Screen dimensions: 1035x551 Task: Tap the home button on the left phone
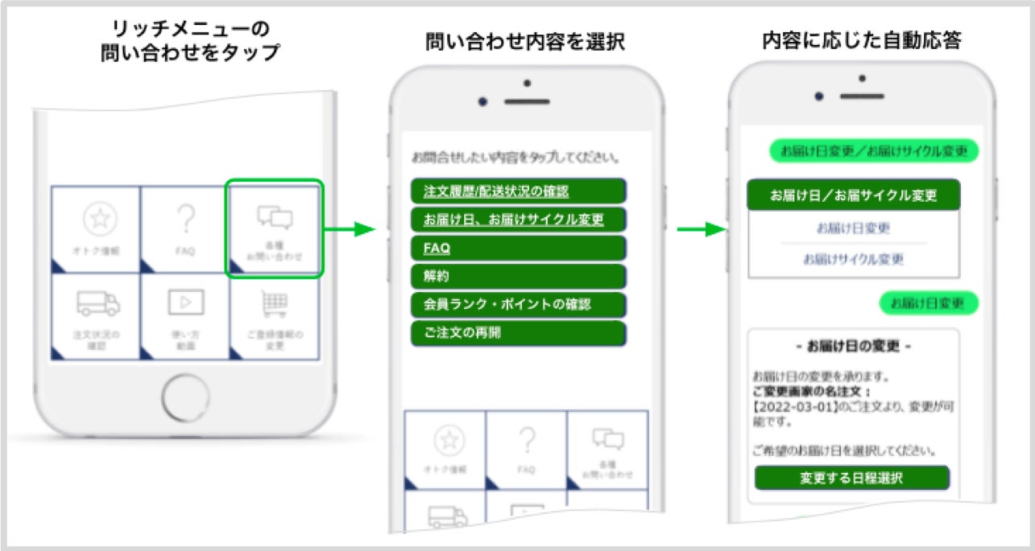[186, 397]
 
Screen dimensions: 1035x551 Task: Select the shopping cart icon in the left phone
[275, 303]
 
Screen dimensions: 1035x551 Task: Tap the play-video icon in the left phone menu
[185, 302]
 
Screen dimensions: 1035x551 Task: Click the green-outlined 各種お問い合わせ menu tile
[274, 228]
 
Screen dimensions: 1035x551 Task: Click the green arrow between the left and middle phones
[350, 231]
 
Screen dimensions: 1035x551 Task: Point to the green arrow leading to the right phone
[697, 230]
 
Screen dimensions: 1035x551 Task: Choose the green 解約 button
[518, 276]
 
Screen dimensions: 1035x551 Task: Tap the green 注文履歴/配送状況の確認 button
[518, 191]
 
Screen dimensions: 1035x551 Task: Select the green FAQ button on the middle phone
[518, 248]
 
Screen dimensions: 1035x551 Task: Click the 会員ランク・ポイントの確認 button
[518, 305]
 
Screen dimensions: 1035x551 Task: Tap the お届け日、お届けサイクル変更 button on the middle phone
[518, 219]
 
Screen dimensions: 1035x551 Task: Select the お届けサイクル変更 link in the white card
[853, 259]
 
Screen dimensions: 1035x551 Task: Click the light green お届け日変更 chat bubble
[928, 303]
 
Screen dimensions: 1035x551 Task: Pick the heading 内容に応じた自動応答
[861, 41]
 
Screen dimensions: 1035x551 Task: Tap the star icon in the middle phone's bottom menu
[449, 439]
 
